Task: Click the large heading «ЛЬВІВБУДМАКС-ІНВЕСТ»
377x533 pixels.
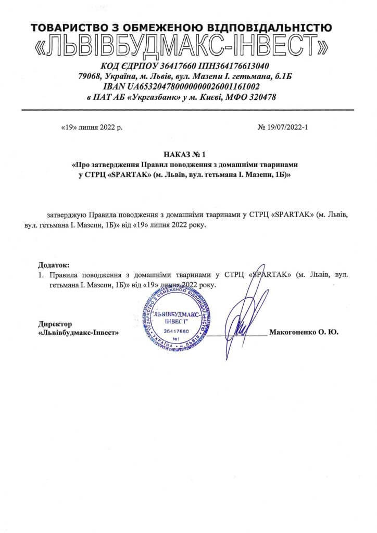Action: (182, 47)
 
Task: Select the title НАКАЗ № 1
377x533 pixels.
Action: (185, 154)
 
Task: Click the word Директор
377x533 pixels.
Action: (55, 324)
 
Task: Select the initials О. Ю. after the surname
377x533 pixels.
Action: (328, 333)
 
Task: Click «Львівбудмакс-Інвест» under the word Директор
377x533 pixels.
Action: (79, 333)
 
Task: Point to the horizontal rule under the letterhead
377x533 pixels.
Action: (187, 110)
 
